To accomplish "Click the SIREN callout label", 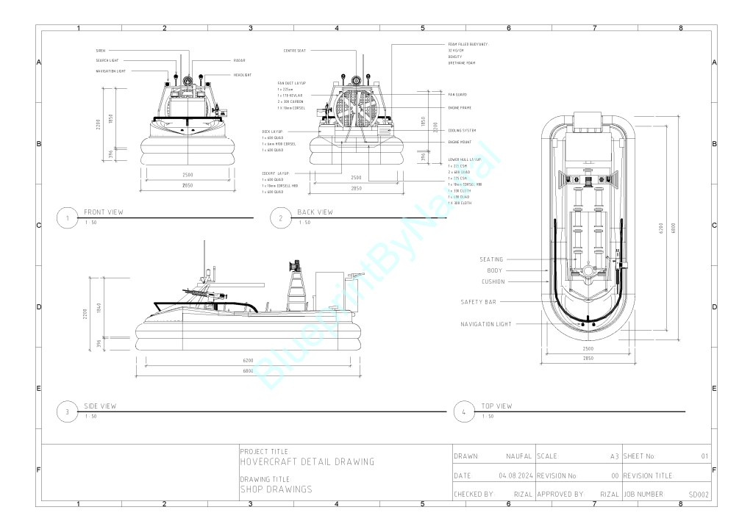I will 101,51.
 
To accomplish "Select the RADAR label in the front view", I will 239,60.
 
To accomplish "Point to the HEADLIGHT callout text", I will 242,75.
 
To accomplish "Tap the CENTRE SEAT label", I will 295,51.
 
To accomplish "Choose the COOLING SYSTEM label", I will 462,130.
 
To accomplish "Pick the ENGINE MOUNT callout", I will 460,142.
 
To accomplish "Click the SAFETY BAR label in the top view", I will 482,302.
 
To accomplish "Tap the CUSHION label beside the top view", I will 493,281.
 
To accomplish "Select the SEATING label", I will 491,259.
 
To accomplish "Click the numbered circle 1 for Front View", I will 68,218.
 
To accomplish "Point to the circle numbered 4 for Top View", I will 464,411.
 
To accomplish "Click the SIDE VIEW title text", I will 100,406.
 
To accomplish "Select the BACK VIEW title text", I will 315,212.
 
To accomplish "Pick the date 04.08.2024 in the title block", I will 515,475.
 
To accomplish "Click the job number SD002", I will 699,495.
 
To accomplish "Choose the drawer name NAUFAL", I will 518,456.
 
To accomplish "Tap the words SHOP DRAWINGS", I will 276,489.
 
